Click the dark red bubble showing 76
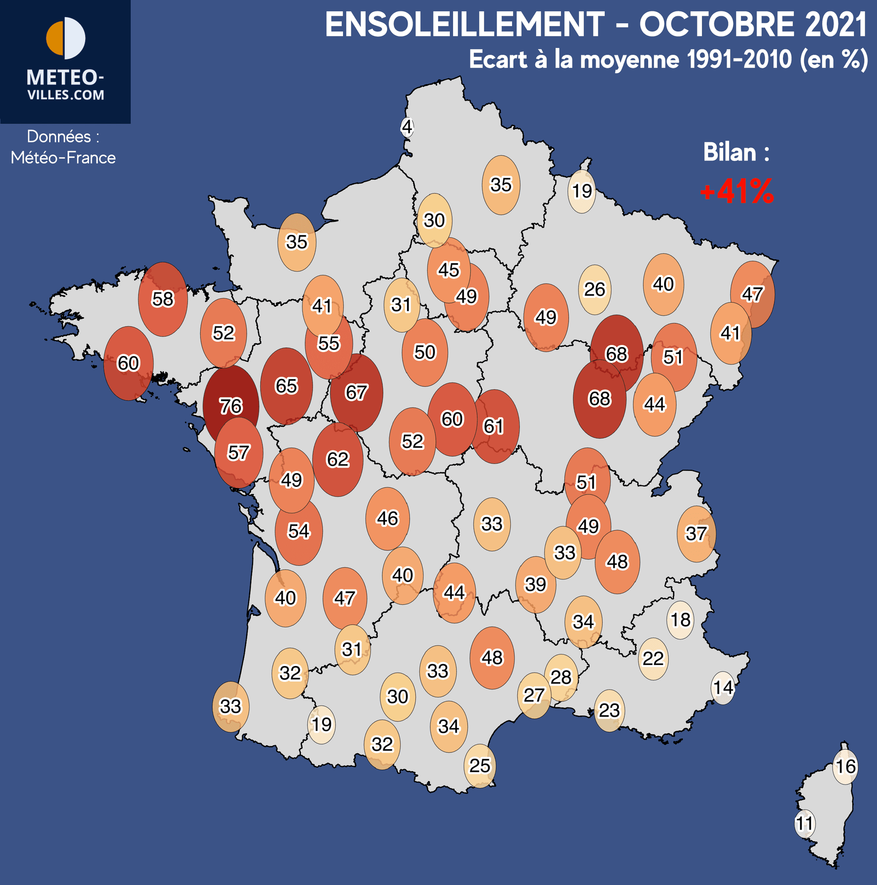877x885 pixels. point(231,405)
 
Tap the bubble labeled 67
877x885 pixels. point(356,393)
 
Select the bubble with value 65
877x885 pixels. point(286,386)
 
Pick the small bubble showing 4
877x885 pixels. point(407,127)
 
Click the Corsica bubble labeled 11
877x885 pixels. point(804,823)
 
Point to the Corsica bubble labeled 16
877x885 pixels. point(845,766)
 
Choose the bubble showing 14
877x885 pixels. point(723,687)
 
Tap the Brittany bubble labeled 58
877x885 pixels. point(163,299)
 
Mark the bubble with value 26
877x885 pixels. point(594,289)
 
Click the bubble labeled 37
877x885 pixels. point(696,533)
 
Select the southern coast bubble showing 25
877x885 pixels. point(480,765)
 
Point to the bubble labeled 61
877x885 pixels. point(494,426)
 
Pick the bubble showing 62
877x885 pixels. point(338,459)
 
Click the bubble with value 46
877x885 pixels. point(387,518)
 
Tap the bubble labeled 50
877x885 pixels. point(425,352)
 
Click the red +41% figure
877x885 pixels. point(736,192)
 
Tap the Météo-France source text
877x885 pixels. point(63,158)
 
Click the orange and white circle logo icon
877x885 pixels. point(65,38)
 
